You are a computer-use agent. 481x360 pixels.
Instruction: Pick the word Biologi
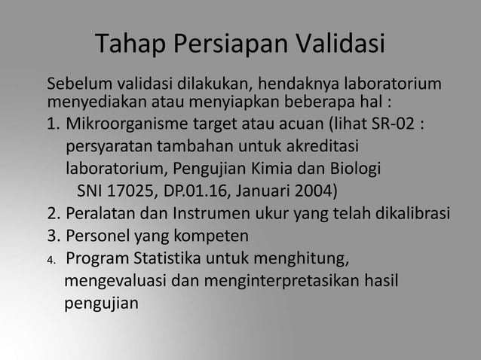click(x=357, y=166)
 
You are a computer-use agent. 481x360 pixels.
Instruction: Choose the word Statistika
click(x=176, y=261)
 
